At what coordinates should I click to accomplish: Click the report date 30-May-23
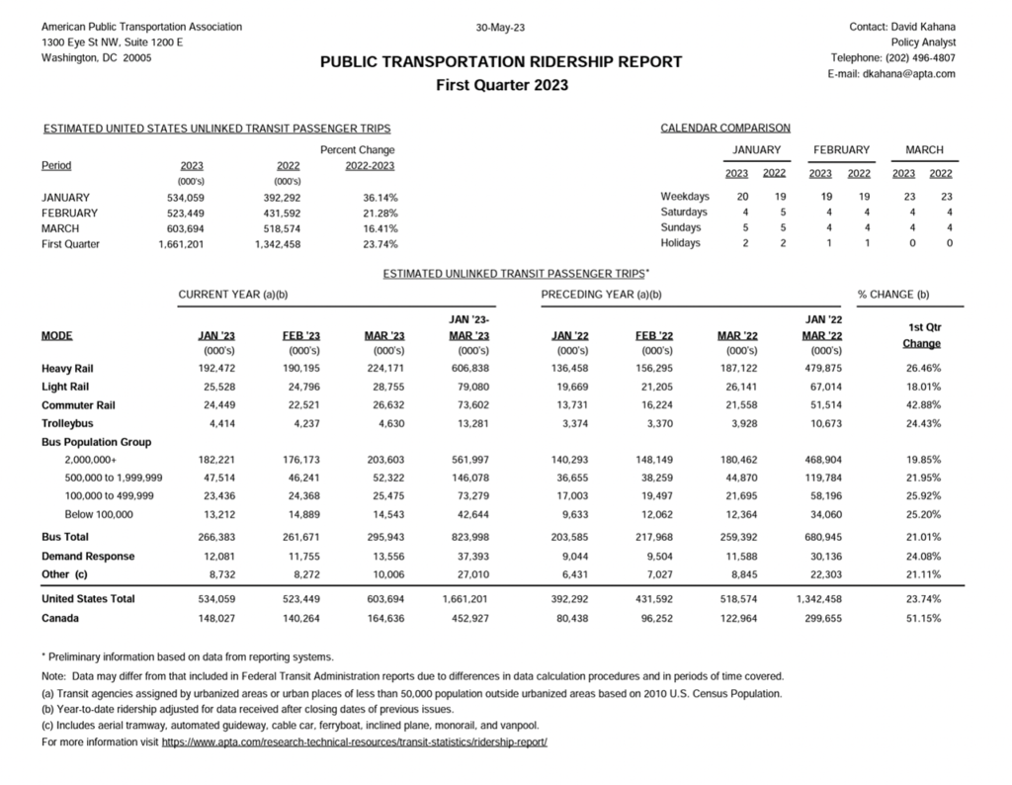pos(500,27)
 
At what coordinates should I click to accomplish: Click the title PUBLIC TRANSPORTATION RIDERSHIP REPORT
pos(501,61)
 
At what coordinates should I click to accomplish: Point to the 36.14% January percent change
pos(380,198)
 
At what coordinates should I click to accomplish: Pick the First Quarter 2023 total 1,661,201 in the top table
pos(181,244)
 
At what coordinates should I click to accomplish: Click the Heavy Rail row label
pos(68,369)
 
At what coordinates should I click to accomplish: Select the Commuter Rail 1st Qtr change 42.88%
pos(921,405)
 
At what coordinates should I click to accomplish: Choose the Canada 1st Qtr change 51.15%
pos(921,619)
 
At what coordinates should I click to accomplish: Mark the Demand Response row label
pos(88,557)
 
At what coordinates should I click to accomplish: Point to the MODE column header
pos(57,336)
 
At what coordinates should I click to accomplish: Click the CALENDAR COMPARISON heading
pos(725,129)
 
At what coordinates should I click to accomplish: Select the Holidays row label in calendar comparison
pos(681,243)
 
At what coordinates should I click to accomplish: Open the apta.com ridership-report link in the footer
pos(354,741)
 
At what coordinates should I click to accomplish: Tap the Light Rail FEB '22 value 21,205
pos(655,388)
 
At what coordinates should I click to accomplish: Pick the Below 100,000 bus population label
pos(99,515)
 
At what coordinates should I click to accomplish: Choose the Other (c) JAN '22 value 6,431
pos(573,574)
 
